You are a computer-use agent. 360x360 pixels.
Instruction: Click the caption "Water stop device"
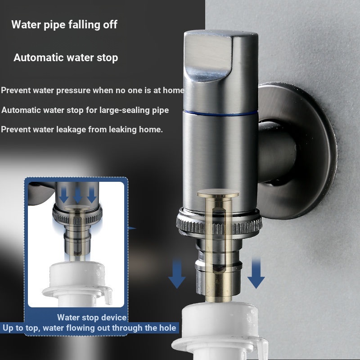(92, 317)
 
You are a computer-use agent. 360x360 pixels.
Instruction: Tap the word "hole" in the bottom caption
(168, 328)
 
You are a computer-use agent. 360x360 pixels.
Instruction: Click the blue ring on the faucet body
(220, 113)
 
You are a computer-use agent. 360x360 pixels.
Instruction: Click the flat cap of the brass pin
(218, 193)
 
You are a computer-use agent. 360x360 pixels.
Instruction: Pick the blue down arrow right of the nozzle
(256, 273)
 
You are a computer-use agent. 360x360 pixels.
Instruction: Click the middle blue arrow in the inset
(77, 195)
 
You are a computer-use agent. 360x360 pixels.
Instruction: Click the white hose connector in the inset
(77, 283)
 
